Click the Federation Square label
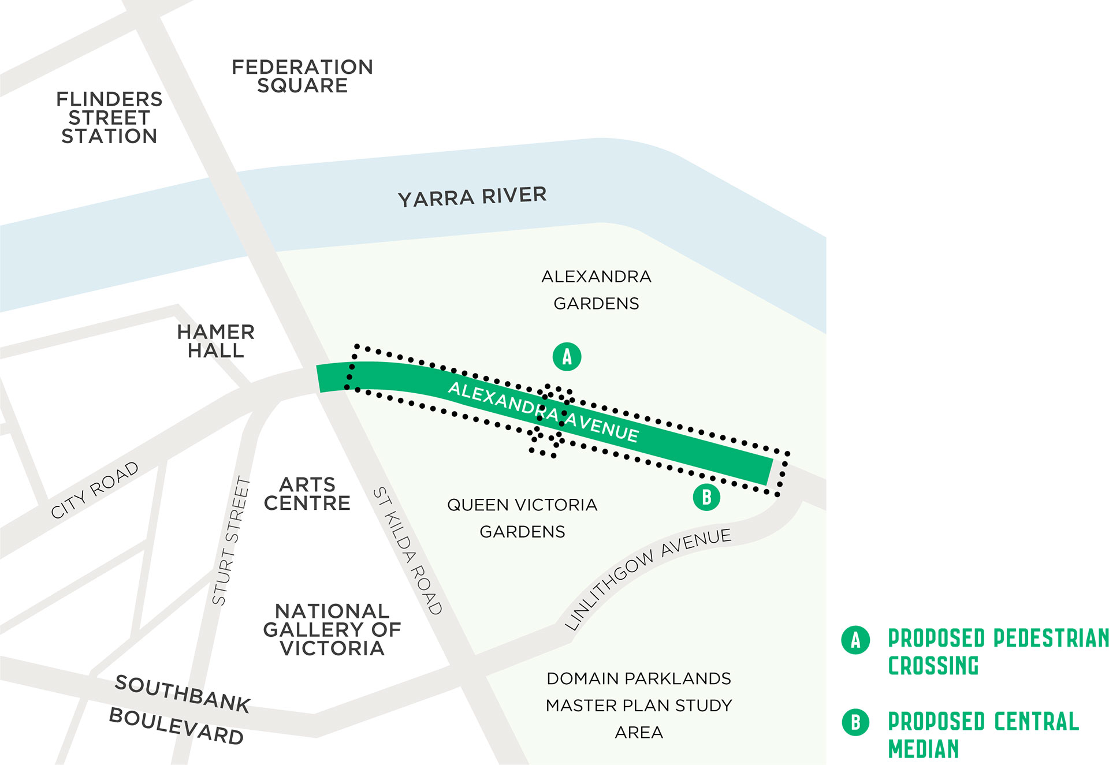tap(302, 76)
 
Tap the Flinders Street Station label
tap(109, 118)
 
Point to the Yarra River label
tap(472, 197)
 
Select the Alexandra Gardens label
tap(596, 290)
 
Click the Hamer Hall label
tap(215, 341)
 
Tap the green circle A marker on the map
tap(567, 357)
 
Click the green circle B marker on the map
tap(706, 497)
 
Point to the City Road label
tap(95, 490)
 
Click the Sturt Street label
tap(231, 541)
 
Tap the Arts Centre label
tap(307, 494)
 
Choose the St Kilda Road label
tap(407, 551)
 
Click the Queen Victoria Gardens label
tap(522, 518)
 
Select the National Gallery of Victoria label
tap(332, 629)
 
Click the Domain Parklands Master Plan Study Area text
tap(639, 705)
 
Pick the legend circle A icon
tap(855, 640)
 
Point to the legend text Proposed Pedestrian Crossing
tap(996, 652)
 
